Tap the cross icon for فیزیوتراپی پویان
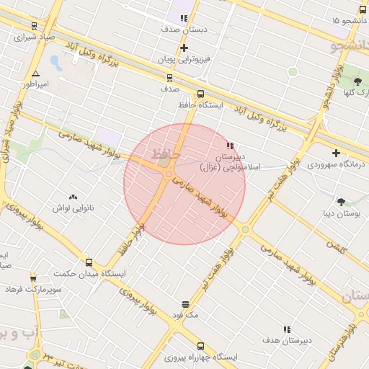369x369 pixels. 184,48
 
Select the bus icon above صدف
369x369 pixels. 169,78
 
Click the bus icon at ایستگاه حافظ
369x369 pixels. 200,94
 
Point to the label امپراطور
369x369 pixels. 35,84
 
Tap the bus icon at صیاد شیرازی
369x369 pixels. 35,26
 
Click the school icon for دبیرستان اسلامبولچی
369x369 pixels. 230,146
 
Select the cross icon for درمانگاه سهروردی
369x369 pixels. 337,153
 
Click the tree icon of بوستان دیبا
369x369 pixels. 341,202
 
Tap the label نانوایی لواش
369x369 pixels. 72,208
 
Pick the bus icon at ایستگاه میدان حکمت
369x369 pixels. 89,262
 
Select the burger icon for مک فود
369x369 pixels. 186,304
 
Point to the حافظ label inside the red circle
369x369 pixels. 164,154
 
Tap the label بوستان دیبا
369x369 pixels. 341,213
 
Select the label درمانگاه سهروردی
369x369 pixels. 337,164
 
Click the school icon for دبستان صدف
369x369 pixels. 184,18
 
